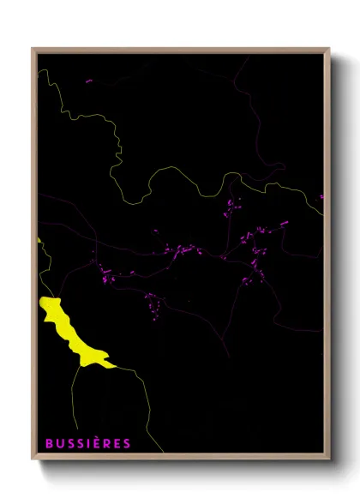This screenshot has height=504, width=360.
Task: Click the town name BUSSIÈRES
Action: point(88,443)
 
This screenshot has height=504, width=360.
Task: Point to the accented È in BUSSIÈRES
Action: point(98,442)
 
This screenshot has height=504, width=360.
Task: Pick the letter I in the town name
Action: point(89,443)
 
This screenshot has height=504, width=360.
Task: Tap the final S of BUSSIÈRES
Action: point(127,443)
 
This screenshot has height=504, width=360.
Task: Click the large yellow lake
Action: point(69,330)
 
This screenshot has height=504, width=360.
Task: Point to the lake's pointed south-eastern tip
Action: point(113,365)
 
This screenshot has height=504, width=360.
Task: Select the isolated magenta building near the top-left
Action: point(88,81)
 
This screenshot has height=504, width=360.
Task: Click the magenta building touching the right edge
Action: point(321,197)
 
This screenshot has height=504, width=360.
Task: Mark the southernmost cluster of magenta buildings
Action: point(153,302)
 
